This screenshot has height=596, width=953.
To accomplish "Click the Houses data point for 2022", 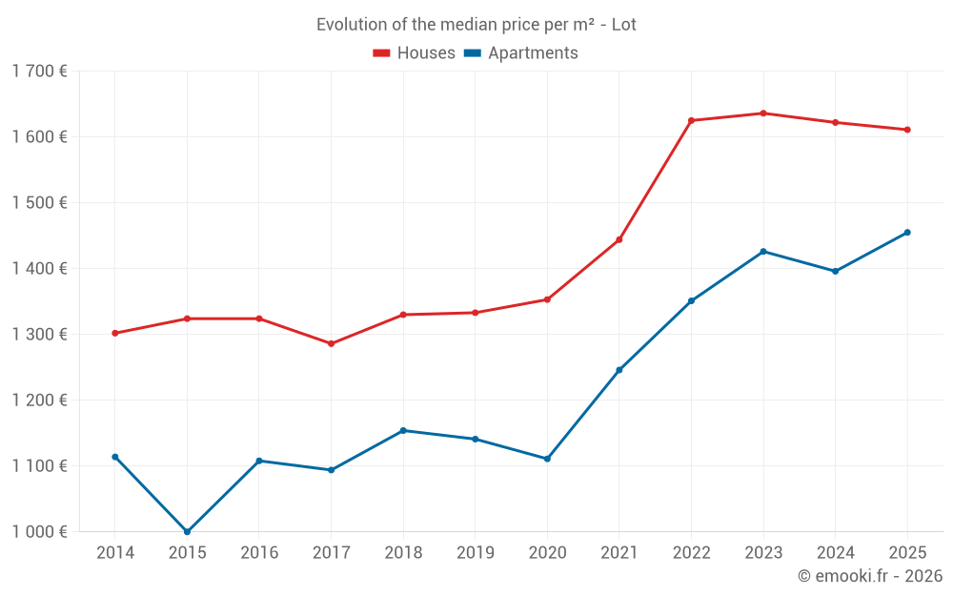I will click(x=691, y=120).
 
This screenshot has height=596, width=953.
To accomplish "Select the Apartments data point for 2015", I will click(x=187, y=531).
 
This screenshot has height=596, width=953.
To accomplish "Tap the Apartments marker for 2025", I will click(x=907, y=233).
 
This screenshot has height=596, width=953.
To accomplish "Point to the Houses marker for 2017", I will click(x=331, y=343).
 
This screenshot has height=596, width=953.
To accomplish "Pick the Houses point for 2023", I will click(x=763, y=113).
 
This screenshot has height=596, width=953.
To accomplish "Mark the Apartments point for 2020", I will click(x=547, y=459).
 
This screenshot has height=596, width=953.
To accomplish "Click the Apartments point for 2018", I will click(x=403, y=430).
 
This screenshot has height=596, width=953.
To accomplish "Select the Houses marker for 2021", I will click(x=619, y=239).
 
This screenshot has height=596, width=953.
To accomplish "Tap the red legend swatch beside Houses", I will click(x=382, y=53).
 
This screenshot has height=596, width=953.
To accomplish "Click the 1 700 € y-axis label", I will click(x=40, y=71).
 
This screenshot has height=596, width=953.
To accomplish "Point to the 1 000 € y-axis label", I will click(x=40, y=531).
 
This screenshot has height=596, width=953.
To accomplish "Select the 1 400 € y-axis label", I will click(x=40, y=268).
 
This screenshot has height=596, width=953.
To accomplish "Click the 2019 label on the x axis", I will click(x=475, y=552).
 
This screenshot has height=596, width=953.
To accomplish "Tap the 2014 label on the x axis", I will click(x=115, y=552).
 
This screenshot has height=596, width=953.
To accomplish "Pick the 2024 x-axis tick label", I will click(x=835, y=552).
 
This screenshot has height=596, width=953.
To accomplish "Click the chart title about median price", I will click(x=476, y=25).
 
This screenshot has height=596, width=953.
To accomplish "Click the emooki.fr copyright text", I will click(x=869, y=576).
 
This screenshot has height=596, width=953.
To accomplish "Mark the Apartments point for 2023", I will click(x=763, y=251).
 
